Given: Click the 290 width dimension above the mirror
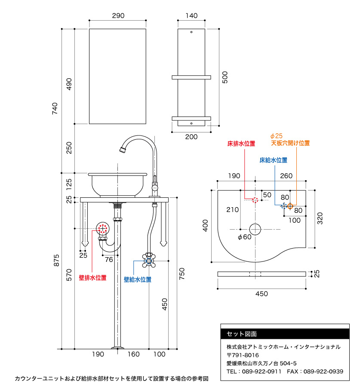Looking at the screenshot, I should coord(118,15).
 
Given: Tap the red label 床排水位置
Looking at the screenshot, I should coord(241,144).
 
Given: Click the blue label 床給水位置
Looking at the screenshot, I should coord(273,160).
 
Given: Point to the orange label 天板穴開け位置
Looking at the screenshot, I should coord(290,143).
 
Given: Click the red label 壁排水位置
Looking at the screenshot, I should coord(92,278).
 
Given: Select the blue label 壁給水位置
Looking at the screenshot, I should coord(138,279).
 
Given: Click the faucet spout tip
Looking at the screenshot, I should coord(122,150).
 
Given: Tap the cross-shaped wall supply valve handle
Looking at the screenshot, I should coord(149,259).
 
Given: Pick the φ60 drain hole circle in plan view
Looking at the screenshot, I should coord(255,229).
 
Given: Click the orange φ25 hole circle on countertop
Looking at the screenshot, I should coord(290,206).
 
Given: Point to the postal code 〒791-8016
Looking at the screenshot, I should coord(243,355).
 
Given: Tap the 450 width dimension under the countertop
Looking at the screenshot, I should coord(262,294).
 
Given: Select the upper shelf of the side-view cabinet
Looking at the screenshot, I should coord(191,77).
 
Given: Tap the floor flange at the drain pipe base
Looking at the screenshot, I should coord(117,347).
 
